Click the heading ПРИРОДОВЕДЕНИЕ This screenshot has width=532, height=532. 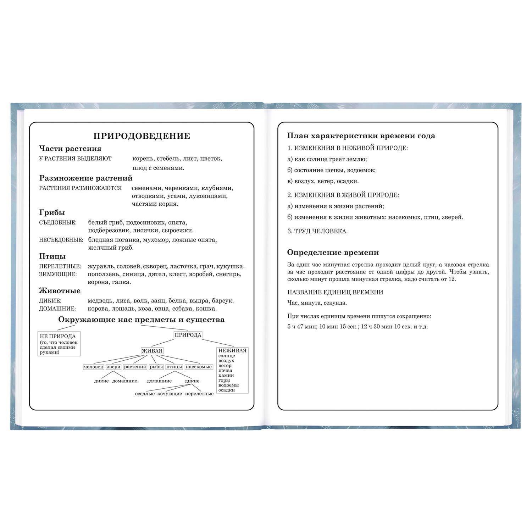pos(142,136)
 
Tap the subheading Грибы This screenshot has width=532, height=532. pos(52,213)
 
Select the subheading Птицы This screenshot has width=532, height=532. pos(52,256)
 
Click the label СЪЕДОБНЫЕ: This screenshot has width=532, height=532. pos(57,223)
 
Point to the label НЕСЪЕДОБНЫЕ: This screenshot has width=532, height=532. pos(61,240)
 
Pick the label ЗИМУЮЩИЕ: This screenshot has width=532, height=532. pos(58,274)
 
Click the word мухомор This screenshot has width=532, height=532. pos(154,240)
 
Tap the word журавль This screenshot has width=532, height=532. pos(101,266)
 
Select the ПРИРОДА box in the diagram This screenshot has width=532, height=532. pos(188,335)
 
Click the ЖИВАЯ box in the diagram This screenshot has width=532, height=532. pos(152,351)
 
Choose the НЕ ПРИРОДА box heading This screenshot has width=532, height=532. pos(58,336)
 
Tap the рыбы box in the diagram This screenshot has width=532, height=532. pos(156,367)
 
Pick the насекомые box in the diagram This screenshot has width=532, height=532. pos(199,367)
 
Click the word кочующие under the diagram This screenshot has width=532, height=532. pos(170,394)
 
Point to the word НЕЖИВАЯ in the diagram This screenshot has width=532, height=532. pos(232,351)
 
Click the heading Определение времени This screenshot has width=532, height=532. pos(333,253)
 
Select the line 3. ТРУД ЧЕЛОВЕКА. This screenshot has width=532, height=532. pos(317,231)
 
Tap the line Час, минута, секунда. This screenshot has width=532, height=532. pos(317,303)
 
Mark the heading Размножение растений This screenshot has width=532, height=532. pos(86,178)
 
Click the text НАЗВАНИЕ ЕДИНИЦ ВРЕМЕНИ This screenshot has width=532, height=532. pos(335,292)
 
